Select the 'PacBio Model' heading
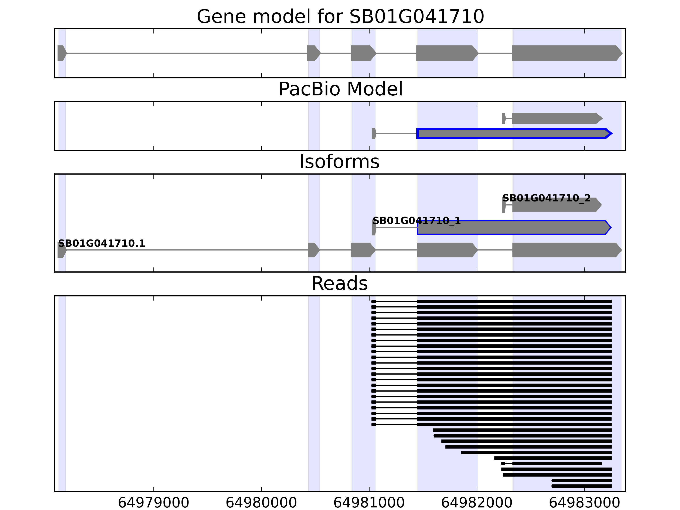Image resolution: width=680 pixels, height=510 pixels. click(x=340, y=89)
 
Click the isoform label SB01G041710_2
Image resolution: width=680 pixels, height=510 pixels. click(x=546, y=198)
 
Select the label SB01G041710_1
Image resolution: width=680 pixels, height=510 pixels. click(x=416, y=221)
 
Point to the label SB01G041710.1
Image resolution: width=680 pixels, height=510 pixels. click(x=101, y=244)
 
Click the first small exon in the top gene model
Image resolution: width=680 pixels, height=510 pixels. click(x=61, y=53)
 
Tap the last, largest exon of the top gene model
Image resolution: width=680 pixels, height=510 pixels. click(x=566, y=53)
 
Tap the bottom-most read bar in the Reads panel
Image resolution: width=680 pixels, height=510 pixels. click(x=581, y=486)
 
